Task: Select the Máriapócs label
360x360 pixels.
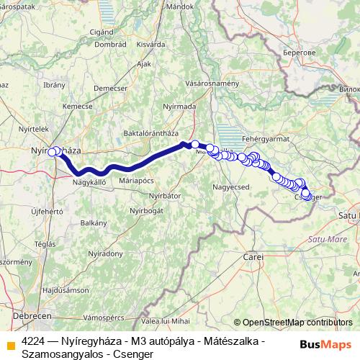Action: tap(138, 179)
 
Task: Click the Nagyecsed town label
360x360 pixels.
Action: tap(231, 187)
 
